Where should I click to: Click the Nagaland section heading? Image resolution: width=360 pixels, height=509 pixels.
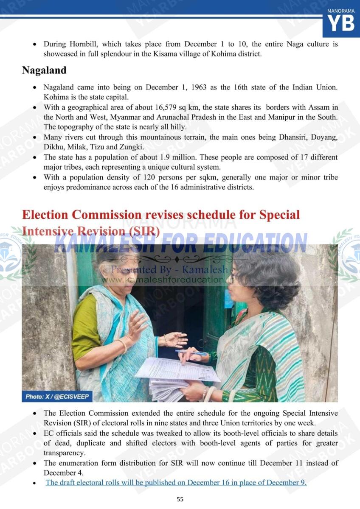(x=44, y=70)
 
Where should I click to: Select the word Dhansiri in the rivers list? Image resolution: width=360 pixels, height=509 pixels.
(x=294, y=137)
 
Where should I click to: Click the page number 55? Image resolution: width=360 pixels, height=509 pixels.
(x=180, y=499)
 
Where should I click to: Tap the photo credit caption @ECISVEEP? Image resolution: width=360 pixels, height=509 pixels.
(x=57, y=397)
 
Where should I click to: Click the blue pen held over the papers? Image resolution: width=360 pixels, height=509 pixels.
(x=191, y=352)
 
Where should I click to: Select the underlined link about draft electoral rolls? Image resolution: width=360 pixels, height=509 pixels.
(x=176, y=482)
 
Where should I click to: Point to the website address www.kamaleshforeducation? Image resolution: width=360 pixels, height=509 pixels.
(x=168, y=280)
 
